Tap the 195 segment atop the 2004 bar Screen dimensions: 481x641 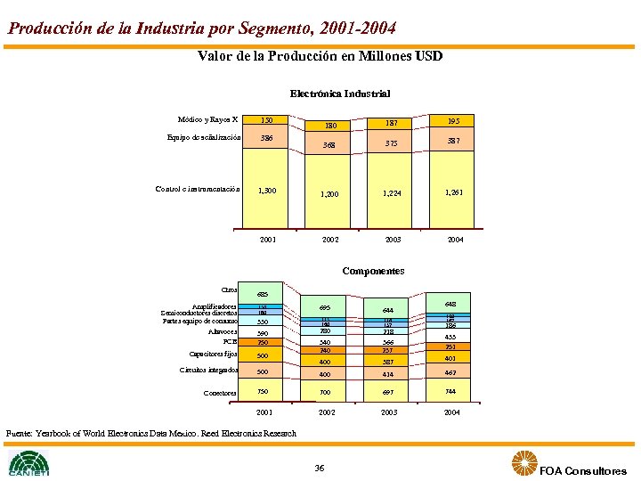[454, 121]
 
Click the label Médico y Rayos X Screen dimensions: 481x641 [207, 120]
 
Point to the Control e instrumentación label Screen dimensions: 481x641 [198, 189]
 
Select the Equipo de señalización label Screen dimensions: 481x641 [204, 138]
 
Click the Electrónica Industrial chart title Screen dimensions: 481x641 [339, 93]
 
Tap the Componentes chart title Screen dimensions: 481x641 [373, 271]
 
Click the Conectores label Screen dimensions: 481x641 [221, 393]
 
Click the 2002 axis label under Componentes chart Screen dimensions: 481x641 [330, 413]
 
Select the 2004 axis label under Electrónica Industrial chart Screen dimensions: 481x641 [454, 240]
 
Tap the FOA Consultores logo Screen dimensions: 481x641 [570, 465]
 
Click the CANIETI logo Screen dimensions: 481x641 [29, 463]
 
